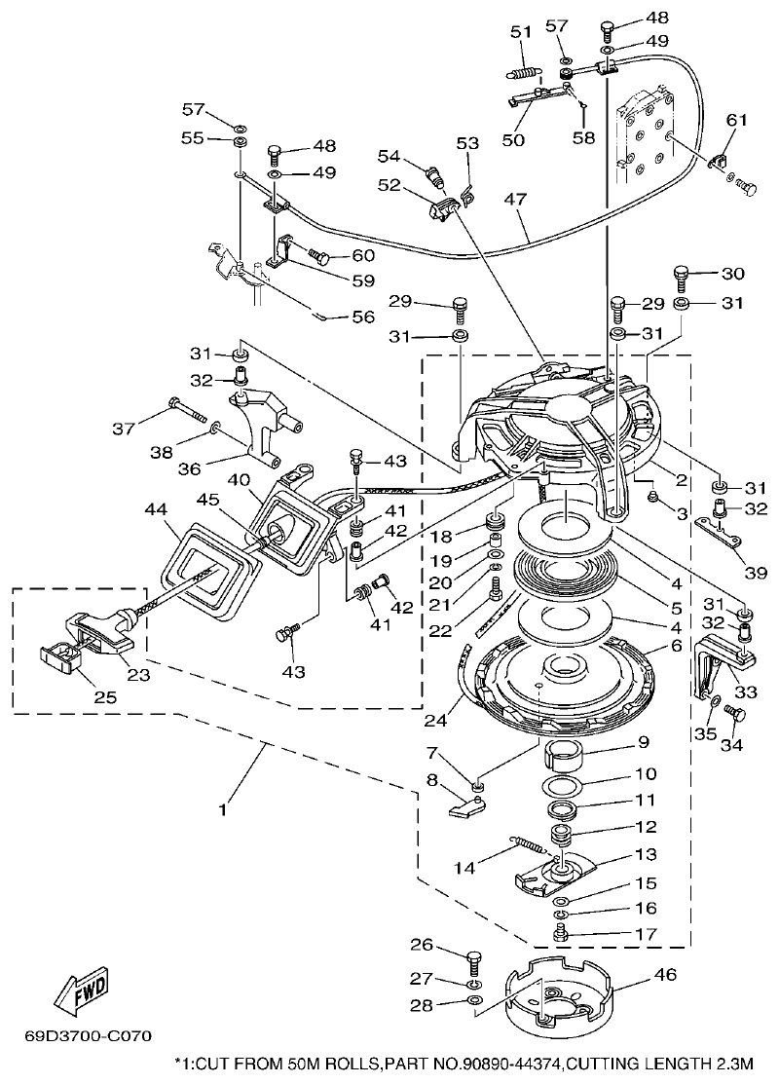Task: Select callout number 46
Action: (665, 973)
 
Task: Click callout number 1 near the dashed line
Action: (223, 808)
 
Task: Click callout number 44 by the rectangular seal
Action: (153, 508)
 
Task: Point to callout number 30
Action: (731, 274)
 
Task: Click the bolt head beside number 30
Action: (682, 275)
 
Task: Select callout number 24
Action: (435, 722)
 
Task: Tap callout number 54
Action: (389, 157)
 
